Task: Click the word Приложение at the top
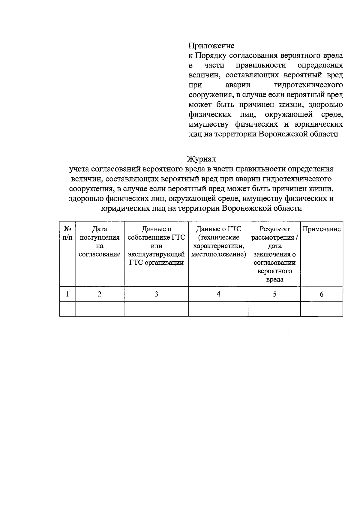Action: point(211,46)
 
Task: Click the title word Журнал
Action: point(201,159)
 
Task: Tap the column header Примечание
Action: point(321,229)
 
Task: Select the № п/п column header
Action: point(67,233)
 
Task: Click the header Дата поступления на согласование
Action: point(99,242)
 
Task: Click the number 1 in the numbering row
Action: point(67,294)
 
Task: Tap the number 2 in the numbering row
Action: point(99,294)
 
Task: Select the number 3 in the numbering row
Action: point(156,294)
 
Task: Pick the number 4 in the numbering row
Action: point(218,294)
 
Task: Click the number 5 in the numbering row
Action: point(274,294)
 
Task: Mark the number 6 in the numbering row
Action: point(321,294)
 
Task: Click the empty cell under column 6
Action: point(321,309)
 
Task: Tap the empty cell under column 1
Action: point(67,309)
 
